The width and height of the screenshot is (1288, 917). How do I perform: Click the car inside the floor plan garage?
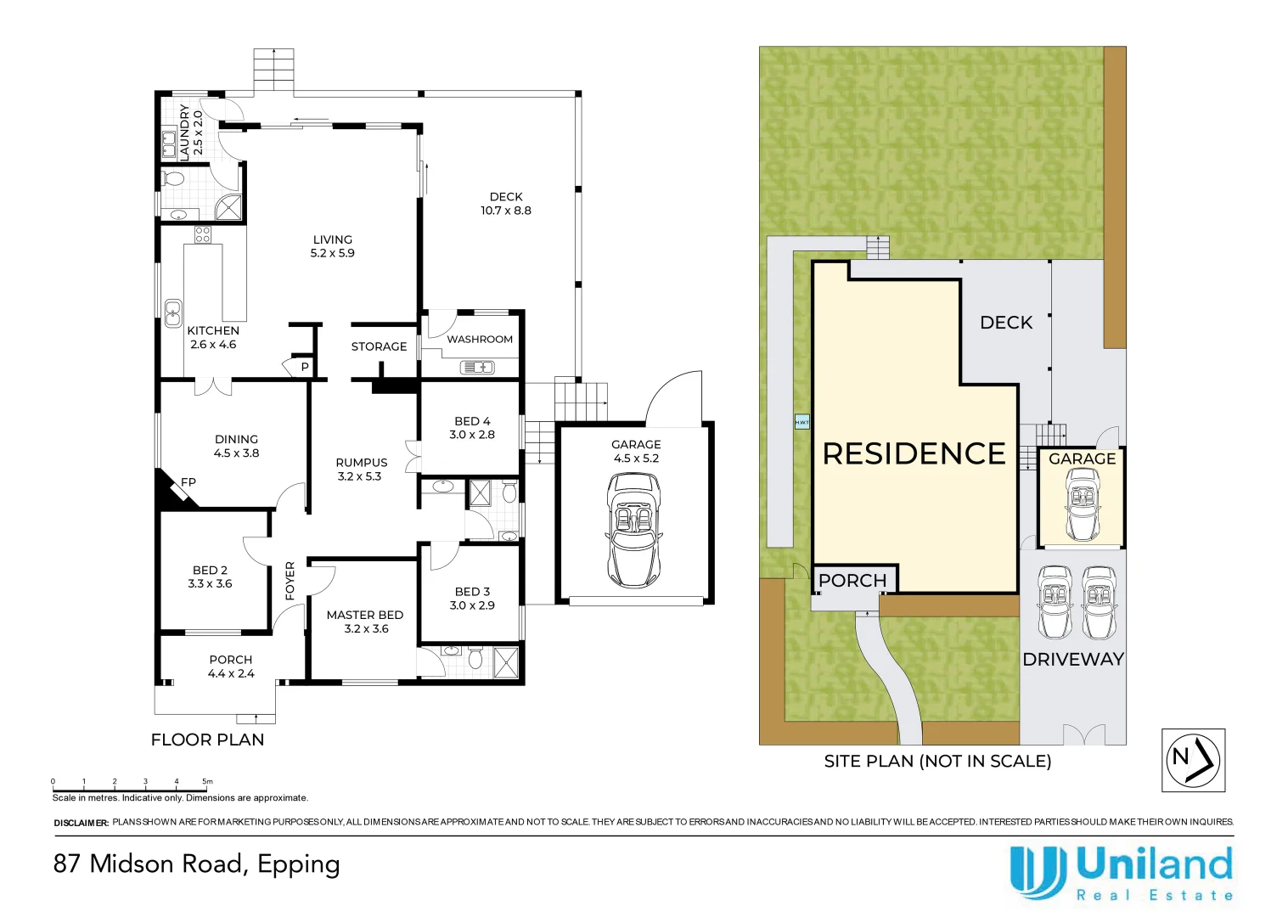click(x=633, y=530)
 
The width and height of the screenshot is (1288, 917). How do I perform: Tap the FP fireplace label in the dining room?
click(x=188, y=482)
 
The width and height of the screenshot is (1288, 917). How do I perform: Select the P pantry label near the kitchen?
click(x=305, y=367)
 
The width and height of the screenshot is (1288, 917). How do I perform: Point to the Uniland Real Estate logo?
click(x=1122, y=873)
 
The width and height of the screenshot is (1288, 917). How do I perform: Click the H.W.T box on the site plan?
click(x=801, y=422)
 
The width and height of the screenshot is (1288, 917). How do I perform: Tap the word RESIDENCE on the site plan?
click(x=914, y=453)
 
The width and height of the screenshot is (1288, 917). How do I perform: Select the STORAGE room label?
click(x=379, y=346)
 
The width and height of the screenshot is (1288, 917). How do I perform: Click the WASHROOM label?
click(x=480, y=339)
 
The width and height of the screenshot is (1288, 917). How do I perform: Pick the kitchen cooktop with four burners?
click(x=202, y=234)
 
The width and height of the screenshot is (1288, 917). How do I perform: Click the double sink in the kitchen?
click(x=173, y=313)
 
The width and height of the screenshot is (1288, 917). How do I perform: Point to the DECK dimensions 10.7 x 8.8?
click(x=506, y=211)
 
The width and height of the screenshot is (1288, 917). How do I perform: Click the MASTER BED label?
click(x=365, y=616)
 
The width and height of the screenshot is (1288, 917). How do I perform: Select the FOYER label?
click(x=290, y=581)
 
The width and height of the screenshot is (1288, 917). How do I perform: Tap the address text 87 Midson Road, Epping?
click(x=197, y=864)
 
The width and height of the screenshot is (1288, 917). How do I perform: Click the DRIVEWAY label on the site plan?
click(x=1073, y=660)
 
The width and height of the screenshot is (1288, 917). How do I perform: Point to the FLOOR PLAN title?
click(x=207, y=740)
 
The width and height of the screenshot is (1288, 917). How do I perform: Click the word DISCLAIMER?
click(x=81, y=824)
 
